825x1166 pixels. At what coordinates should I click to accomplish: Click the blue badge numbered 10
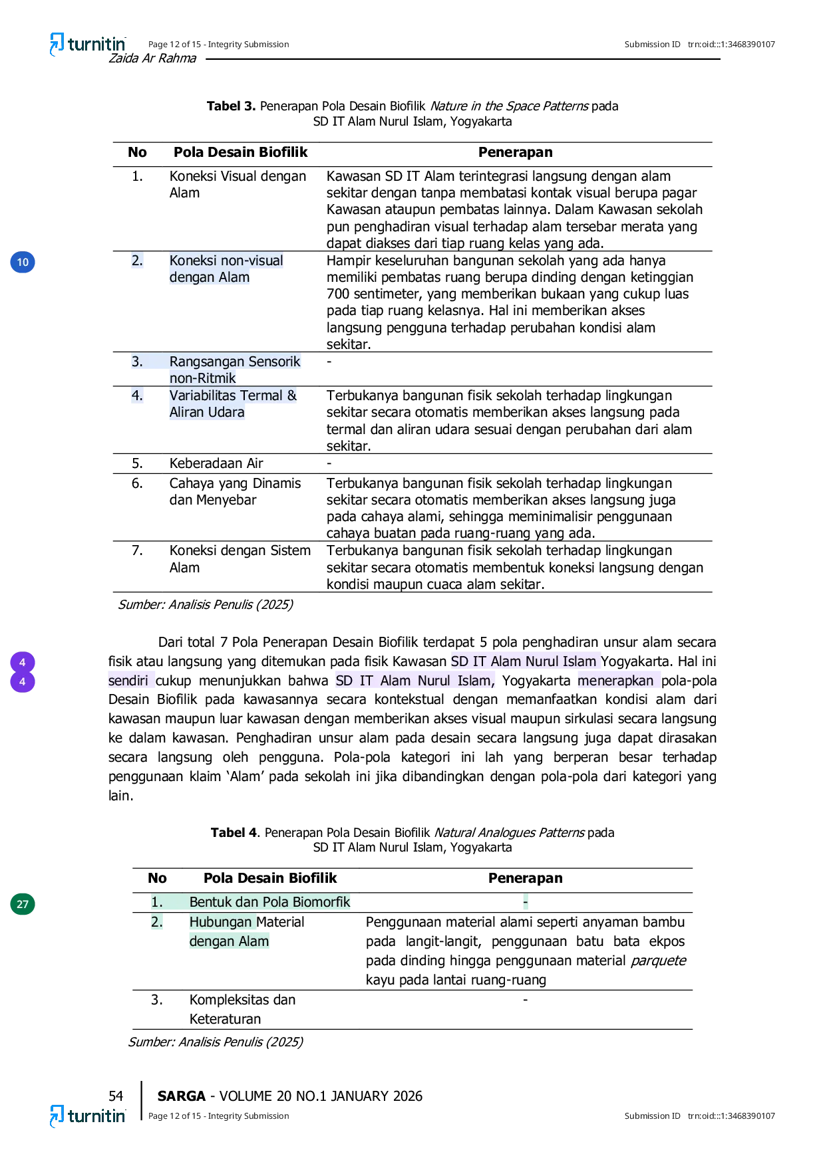click(x=23, y=262)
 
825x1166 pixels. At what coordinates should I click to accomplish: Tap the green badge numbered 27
click(x=23, y=904)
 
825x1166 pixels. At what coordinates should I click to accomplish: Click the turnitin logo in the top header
click(x=88, y=45)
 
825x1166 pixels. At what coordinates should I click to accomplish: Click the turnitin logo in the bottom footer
click(x=88, y=1116)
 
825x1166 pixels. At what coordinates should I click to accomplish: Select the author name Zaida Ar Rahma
click(x=152, y=58)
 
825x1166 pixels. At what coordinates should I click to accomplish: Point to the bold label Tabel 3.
click(x=231, y=106)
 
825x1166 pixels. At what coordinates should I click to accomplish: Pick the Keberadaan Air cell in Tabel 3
click(x=216, y=463)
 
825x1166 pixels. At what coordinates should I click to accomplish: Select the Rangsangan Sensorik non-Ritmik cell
click(x=235, y=370)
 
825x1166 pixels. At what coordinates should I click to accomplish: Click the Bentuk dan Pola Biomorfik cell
click(x=269, y=902)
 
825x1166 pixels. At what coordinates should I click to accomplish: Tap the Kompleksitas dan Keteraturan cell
click(x=242, y=1009)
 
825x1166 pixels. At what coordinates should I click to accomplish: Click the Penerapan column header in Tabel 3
click(x=516, y=152)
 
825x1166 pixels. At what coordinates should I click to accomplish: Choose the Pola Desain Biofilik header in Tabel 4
click(x=270, y=878)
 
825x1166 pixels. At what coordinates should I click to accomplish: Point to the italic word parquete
click(x=658, y=961)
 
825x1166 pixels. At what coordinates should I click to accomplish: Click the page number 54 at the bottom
click(x=116, y=1096)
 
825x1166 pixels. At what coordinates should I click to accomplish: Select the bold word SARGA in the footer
click(x=182, y=1096)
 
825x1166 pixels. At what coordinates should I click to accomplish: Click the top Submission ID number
click(x=731, y=45)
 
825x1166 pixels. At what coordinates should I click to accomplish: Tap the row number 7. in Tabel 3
click(x=137, y=550)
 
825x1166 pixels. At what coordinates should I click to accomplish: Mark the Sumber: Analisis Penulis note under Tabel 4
click(x=216, y=1042)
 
